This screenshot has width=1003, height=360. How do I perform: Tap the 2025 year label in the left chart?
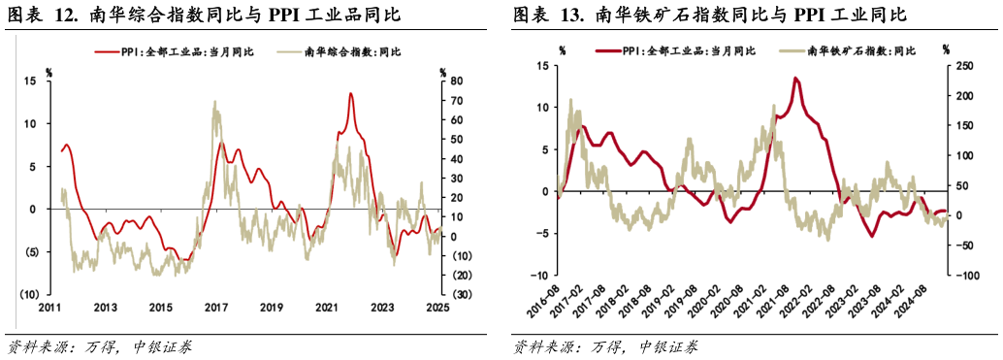point(437,308)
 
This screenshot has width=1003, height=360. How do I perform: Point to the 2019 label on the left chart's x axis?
point(272,308)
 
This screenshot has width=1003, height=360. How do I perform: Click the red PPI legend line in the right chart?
point(609,50)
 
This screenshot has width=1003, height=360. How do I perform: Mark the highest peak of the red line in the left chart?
point(350,93)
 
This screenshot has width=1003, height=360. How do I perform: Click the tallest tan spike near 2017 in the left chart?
point(214,102)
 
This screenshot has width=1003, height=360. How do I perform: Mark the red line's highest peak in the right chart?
point(795,78)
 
